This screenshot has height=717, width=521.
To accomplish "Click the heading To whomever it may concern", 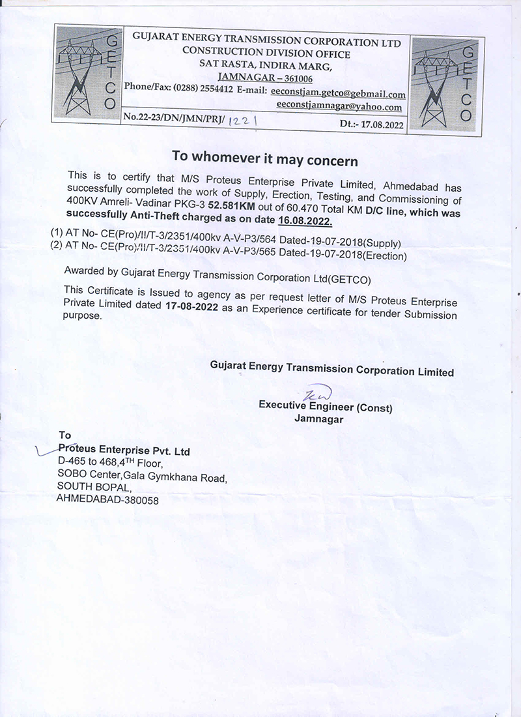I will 264,158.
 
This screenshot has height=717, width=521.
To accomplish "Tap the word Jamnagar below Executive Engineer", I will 319,419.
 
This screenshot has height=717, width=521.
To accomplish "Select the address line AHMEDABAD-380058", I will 107,499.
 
